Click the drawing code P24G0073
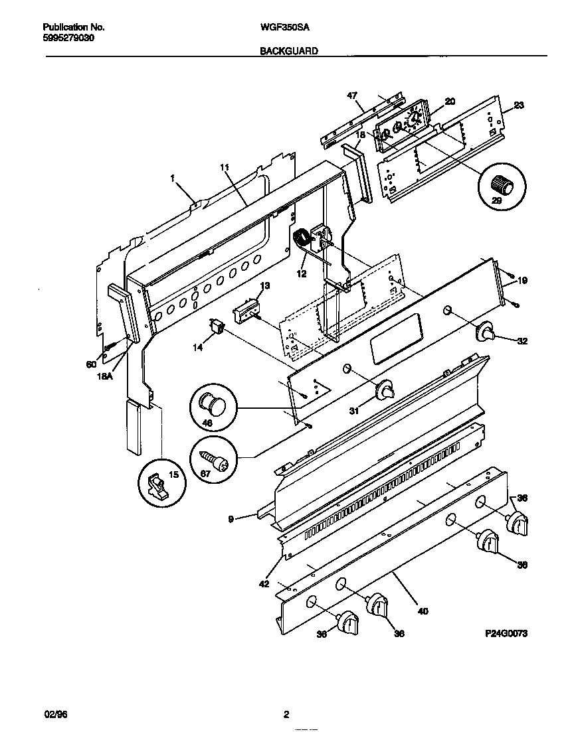pyautogui.click(x=507, y=634)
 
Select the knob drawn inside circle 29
pyautogui.click(x=502, y=184)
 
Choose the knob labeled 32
pyautogui.click(x=488, y=332)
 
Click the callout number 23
pyautogui.click(x=519, y=105)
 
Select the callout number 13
pyautogui.click(x=265, y=286)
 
